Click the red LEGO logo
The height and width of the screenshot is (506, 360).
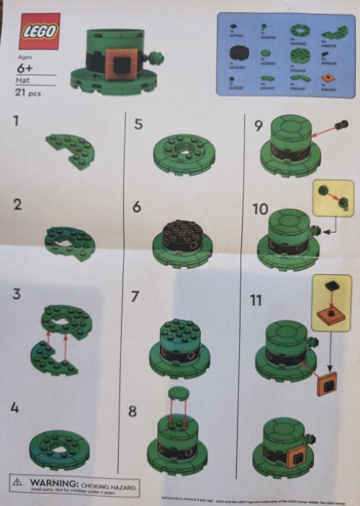[39, 32]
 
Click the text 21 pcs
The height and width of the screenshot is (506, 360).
[28, 93]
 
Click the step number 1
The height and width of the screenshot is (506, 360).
[17, 121]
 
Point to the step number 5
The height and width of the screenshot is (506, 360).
[138, 125]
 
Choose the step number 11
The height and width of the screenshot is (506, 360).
[256, 299]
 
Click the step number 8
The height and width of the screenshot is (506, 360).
[132, 412]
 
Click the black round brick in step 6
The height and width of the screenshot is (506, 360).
[182, 235]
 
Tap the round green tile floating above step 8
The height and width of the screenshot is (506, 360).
[178, 394]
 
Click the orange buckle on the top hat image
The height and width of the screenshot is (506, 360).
[117, 66]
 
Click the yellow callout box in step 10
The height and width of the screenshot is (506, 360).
[333, 198]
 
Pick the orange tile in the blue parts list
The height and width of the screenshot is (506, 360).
[328, 78]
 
